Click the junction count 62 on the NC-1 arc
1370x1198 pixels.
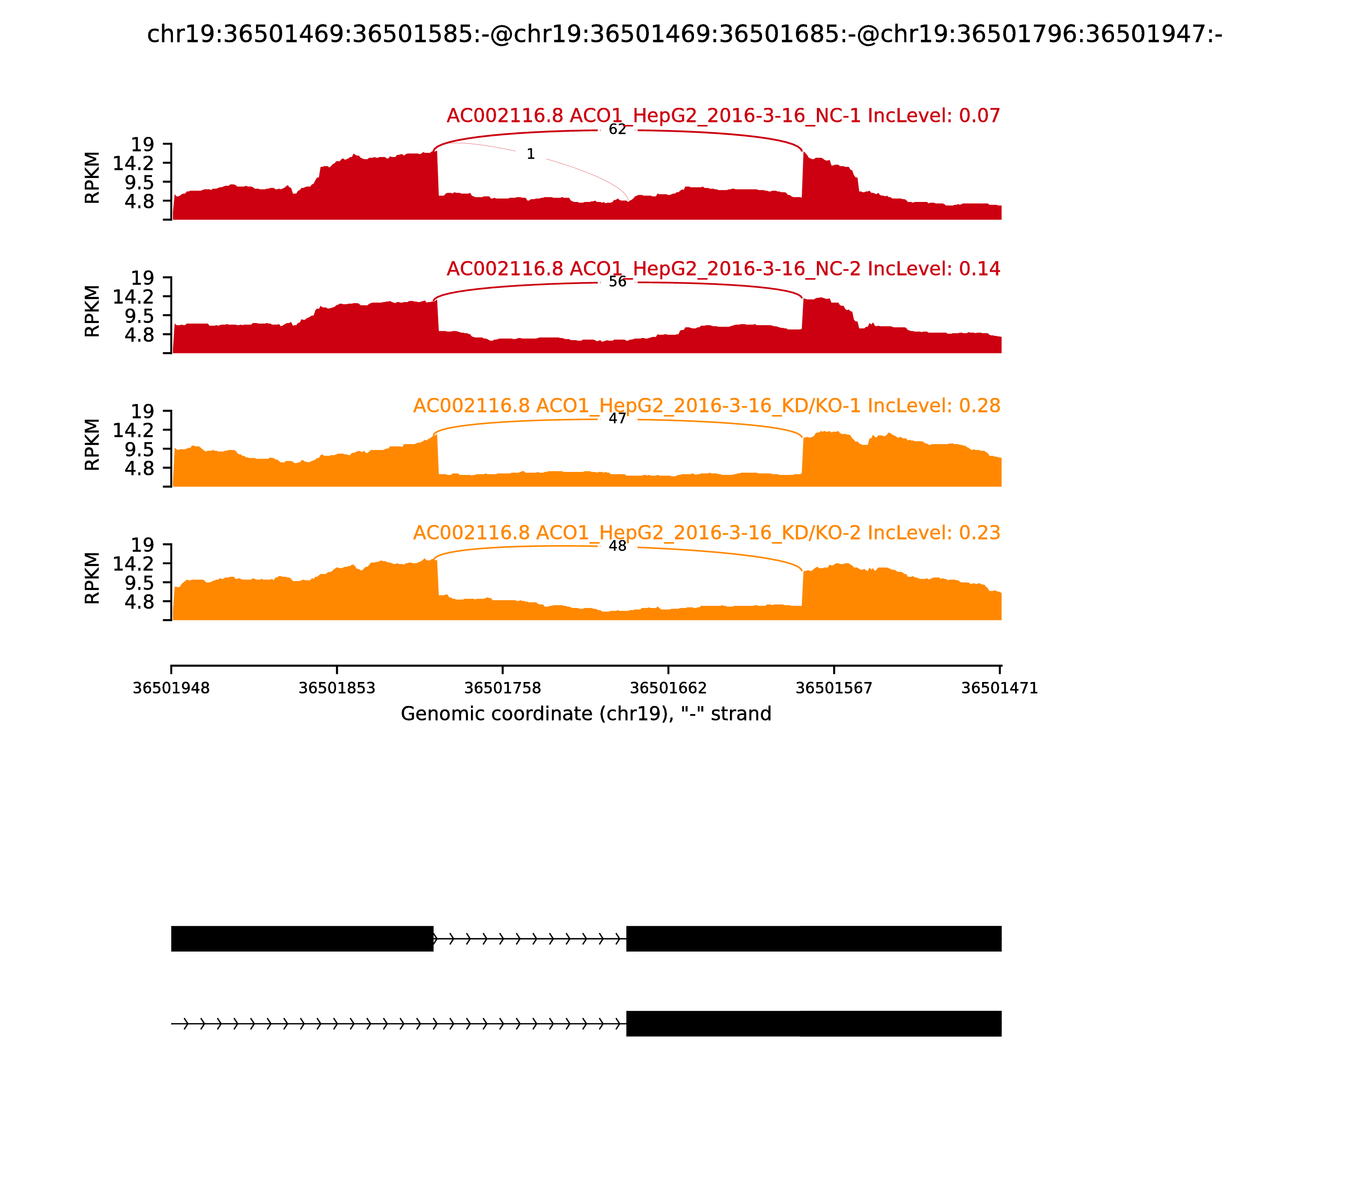point(617,130)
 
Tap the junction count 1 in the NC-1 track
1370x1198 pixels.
point(530,154)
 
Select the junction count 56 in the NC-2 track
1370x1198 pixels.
point(617,282)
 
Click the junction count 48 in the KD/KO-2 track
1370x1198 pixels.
point(617,546)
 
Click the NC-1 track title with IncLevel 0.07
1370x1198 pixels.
point(723,116)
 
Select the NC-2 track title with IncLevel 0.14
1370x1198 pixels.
point(723,269)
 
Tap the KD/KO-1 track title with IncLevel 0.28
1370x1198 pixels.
point(706,406)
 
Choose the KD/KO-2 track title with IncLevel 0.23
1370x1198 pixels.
point(706,533)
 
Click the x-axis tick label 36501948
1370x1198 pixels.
point(171,688)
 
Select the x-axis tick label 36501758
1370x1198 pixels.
point(502,688)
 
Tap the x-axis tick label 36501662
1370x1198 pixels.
point(668,688)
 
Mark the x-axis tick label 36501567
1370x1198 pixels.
point(834,688)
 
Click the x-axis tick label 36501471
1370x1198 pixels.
point(999,688)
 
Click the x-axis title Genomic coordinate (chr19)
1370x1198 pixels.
point(586,714)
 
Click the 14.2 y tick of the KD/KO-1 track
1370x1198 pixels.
point(133,430)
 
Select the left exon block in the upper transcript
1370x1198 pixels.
point(302,939)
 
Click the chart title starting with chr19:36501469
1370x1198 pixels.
point(684,34)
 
